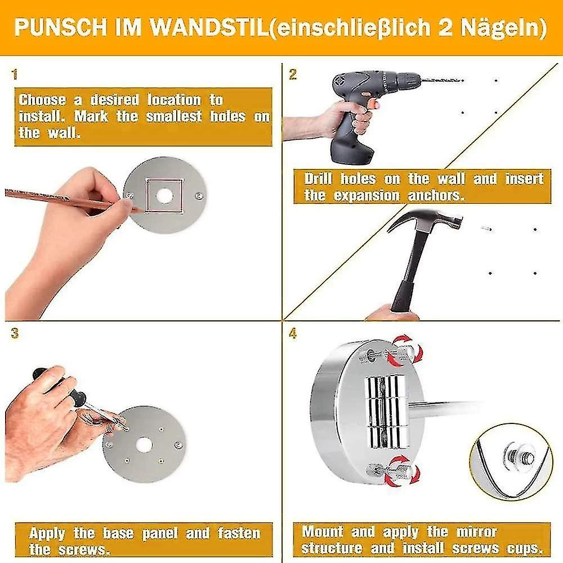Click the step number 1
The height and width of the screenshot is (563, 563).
(x=15, y=75)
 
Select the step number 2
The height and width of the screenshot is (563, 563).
(x=293, y=75)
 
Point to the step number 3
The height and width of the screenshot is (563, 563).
(x=15, y=333)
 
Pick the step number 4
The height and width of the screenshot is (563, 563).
(x=293, y=333)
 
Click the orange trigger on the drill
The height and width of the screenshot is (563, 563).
(x=375, y=104)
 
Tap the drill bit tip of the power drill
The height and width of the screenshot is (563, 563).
(x=463, y=81)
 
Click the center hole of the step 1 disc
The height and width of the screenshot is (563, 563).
(x=164, y=196)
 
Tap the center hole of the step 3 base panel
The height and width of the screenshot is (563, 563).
(x=144, y=445)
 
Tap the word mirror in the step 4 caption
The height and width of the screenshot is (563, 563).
(x=477, y=532)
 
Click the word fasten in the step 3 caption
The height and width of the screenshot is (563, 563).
(x=239, y=533)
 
